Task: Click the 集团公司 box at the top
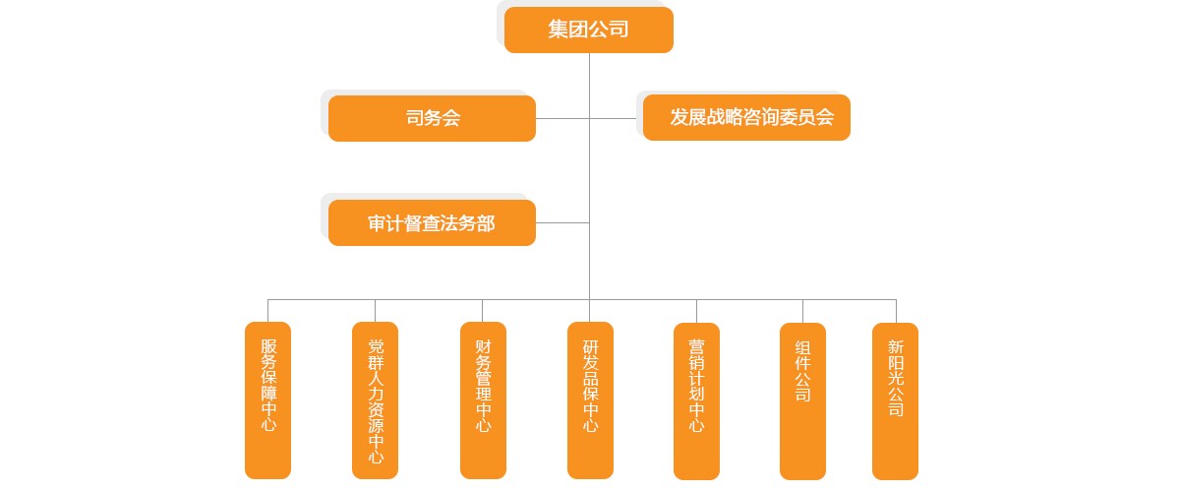click(x=588, y=30)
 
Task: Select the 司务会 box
click(x=432, y=118)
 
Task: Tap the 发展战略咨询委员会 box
click(x=746, y=118)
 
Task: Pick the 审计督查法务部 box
click(x=432, y=223)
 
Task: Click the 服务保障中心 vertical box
click(x=268, y=399)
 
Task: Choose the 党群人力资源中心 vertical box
click(x=376, y=399)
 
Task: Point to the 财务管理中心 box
click(x=483, y=399)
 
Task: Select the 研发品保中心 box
click(x=590, y=399)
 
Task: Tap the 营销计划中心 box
click(x=696, y=399)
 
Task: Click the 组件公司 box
click(x=802, y=399)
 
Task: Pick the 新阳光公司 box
click(x=895, y=399)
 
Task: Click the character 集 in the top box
click(x=559, y=30)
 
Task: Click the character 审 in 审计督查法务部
click(x=377, y=223)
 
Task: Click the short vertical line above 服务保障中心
click(x=268, y=310)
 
